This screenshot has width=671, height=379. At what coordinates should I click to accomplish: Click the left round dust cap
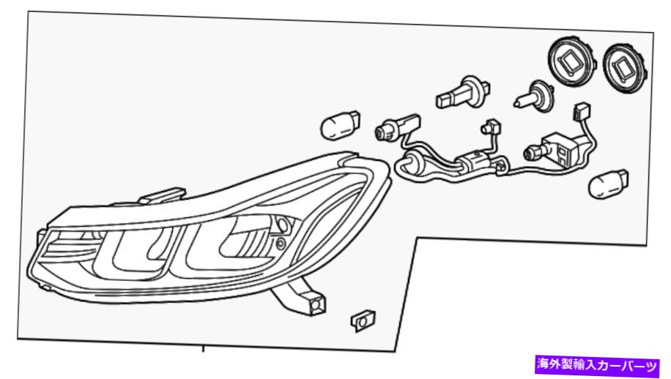tap(573, 61)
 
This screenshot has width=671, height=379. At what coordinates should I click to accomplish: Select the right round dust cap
tap(625, 67)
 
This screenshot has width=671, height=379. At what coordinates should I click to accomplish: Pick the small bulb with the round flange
tap(533, 96)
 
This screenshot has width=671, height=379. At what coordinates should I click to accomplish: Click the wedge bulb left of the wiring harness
tap(340, 124)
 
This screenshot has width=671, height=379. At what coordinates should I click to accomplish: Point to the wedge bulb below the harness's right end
tap(608, 184)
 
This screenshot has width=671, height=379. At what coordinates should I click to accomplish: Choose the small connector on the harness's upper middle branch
tap(491, 127)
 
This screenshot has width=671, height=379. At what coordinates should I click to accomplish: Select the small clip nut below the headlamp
tap(363, 321)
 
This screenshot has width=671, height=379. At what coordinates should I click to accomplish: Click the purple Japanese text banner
tap(597, 365)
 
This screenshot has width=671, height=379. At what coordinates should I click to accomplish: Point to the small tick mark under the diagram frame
tap(203, 349)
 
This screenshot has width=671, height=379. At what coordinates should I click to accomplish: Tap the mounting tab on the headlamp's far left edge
tap(40, 237)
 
